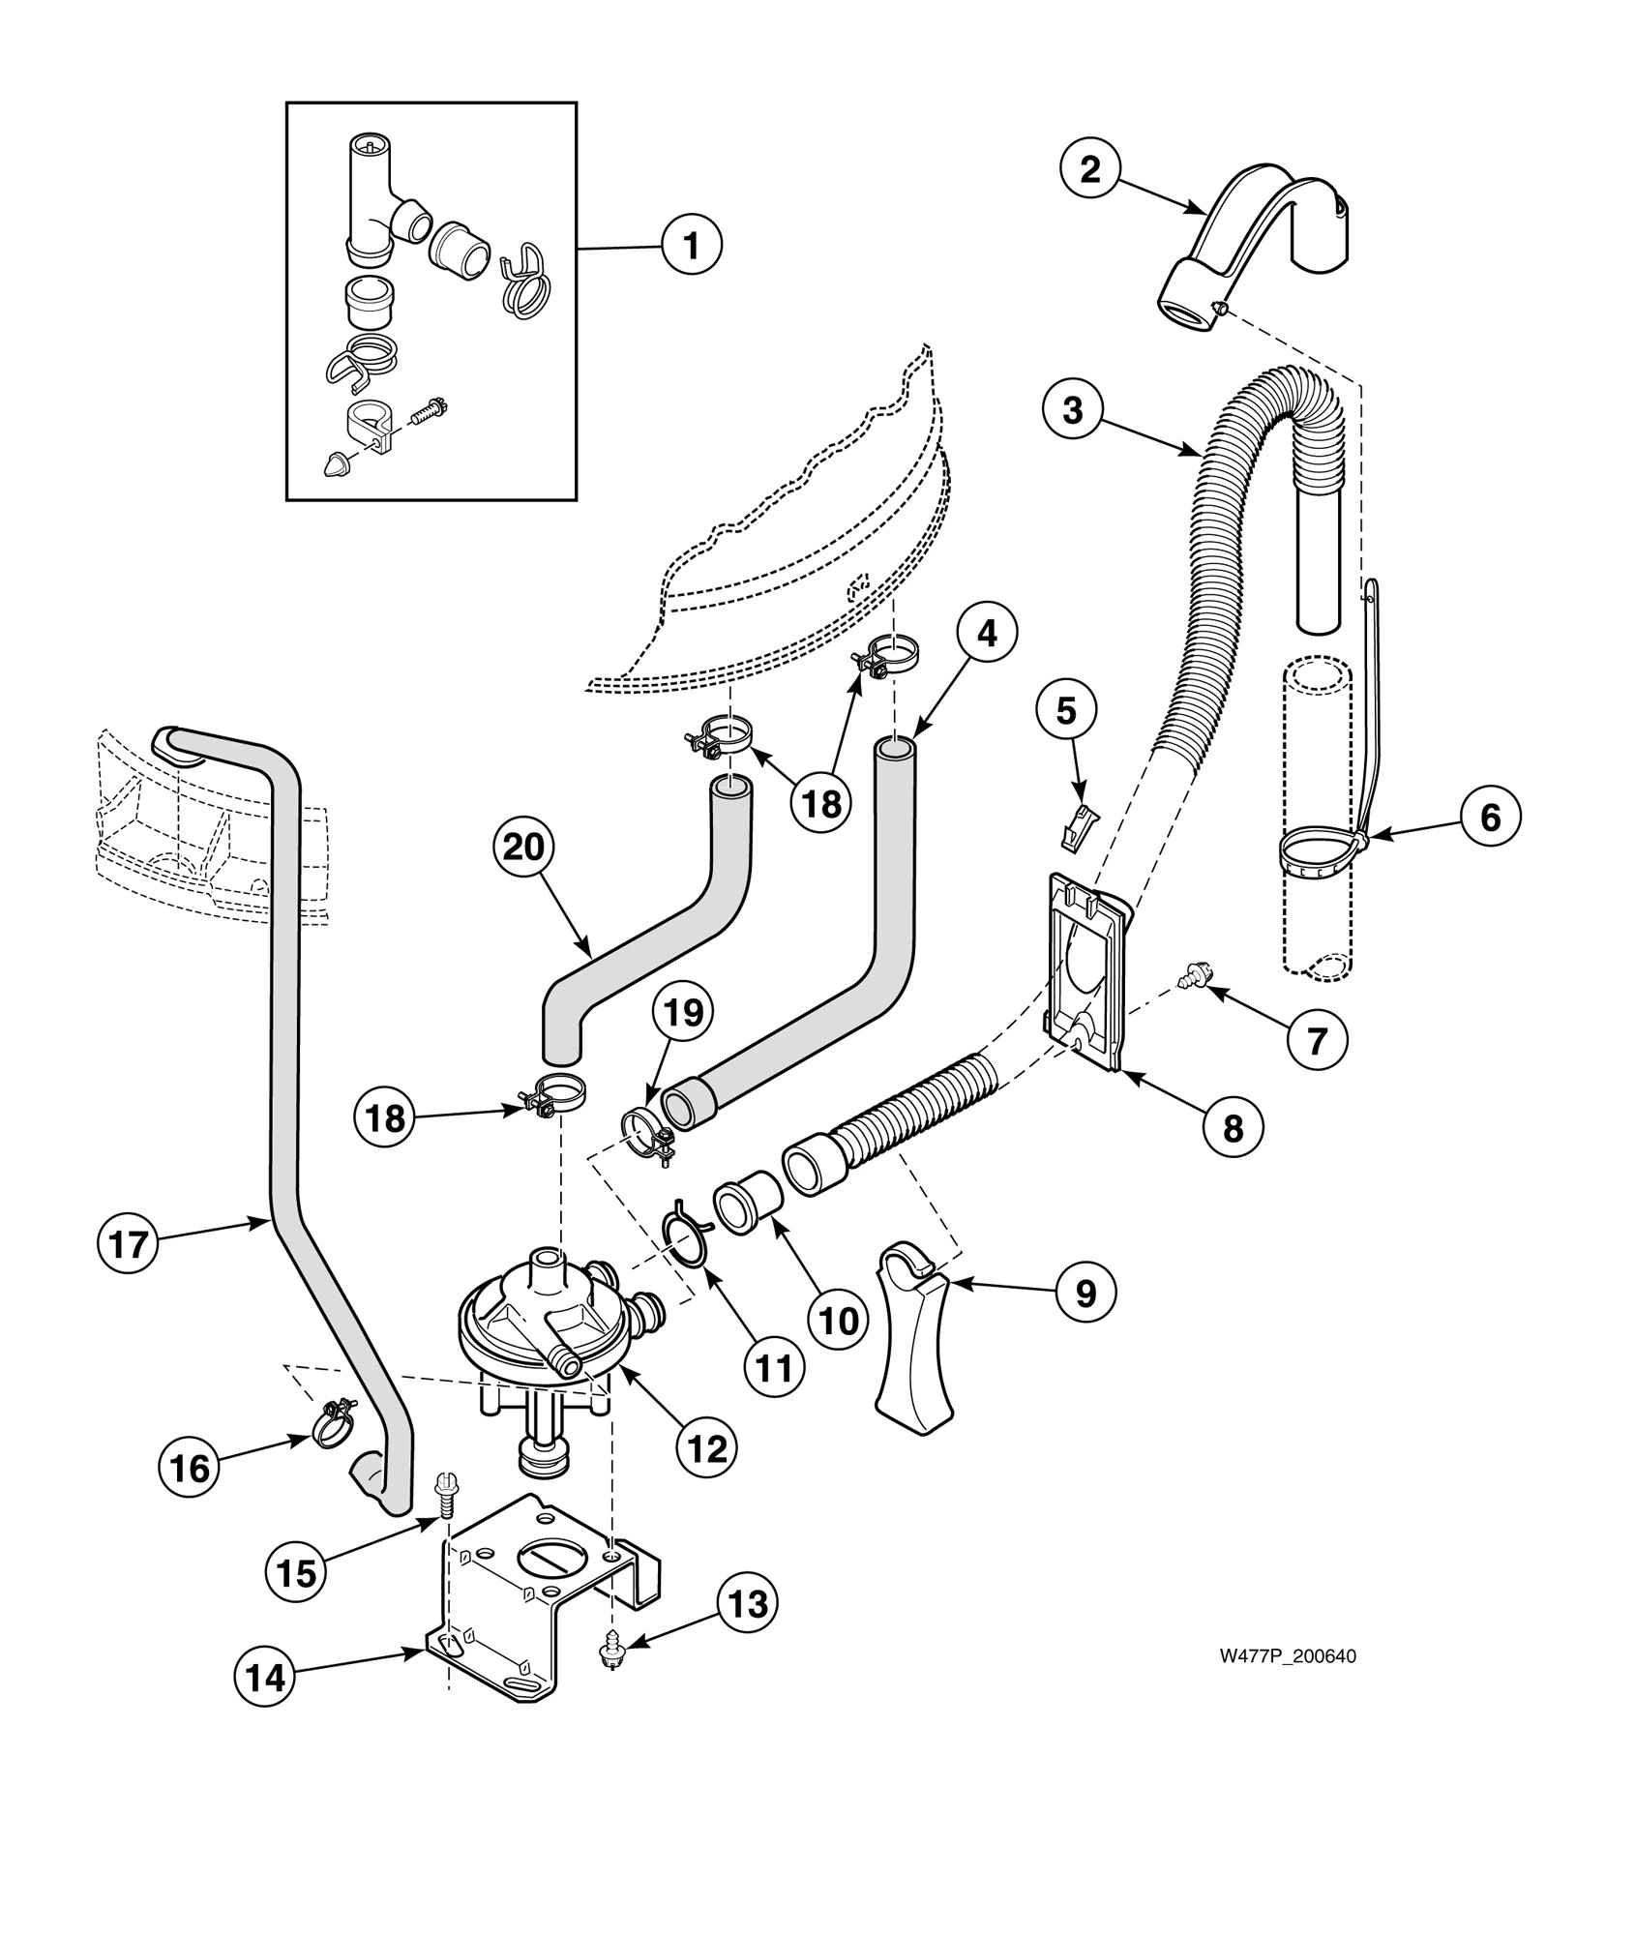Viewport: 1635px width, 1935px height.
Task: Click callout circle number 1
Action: click(x=692, y=246)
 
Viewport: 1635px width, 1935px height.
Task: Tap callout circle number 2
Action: click(x=1090, y=170)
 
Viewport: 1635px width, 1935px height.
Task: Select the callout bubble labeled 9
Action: click(x=1085, y=1293)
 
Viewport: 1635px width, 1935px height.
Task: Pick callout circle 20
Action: click(x=524, y=848)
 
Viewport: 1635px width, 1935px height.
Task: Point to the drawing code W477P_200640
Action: click(x=1287, y=1655)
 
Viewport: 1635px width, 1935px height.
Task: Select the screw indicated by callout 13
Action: click(x=611, y=1653)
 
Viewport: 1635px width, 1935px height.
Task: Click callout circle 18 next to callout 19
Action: click(x=385, y=1119)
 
